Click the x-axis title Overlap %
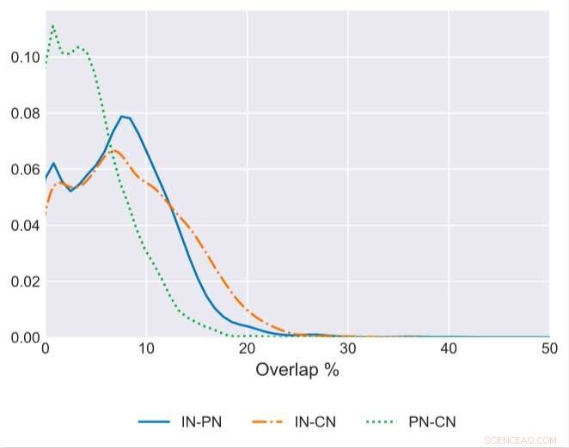(x=297, y=371)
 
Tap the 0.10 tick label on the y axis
(x=26, y=58)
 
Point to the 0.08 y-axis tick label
(x=26, y=113)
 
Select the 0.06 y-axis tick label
(x=26, y=170)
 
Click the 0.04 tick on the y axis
(x=26, y=226)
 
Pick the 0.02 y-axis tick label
(x=26, y=282)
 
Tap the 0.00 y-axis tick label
(x=26, y=337)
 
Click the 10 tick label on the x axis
(x=146, y=348)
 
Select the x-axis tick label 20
(x=248, y=348)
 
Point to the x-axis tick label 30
(x=348, y=348)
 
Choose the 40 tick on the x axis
(x=449, y=348)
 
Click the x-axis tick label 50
(x=549, y=348)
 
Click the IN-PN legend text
(x=202, y=421)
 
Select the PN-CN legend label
(x=433, y=421)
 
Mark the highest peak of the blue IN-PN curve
(x=123, y=116)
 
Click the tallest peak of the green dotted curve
(x=53, y=26)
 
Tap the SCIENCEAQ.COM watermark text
(x=521, y=439)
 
